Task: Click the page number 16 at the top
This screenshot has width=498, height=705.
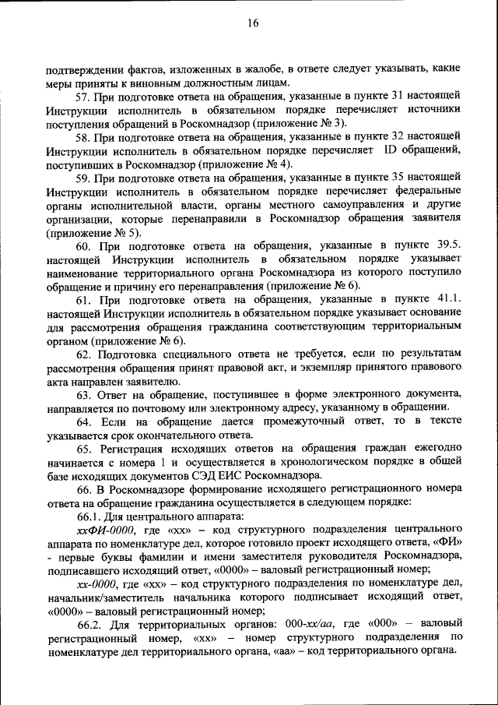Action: (253, 24)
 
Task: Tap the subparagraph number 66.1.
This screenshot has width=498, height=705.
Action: (89, 517)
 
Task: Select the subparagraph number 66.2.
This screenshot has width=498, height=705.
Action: (89, 625)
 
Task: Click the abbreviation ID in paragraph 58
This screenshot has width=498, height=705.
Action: (391, 150)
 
